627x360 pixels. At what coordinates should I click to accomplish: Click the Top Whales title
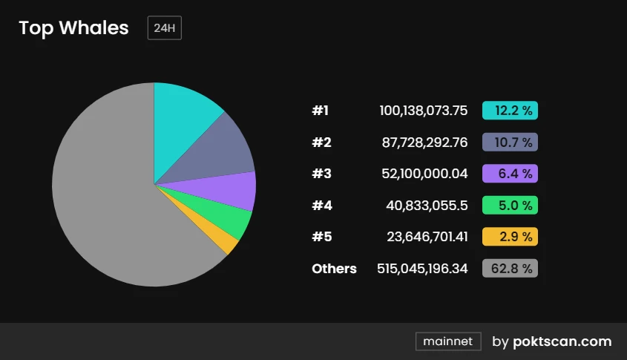click(x=73, y=28)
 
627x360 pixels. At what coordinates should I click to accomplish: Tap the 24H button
click(x=164, y=28)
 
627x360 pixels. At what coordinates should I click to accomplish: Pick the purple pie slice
click(x=234, y=190)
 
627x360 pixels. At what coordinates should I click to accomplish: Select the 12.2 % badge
click(x=510, y=111)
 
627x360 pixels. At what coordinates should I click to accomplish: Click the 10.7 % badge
click(x=510, y=142)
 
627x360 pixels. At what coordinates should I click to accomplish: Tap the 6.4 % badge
click(x=510, y=174)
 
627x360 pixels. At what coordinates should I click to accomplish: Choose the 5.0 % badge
click(x=510, y=205)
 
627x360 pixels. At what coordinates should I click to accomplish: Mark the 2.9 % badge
click(x=510, y=237)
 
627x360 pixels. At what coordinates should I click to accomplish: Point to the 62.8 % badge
click(x=510, y=268)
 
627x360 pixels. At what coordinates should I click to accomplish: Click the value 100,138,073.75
click(x=424, y=111)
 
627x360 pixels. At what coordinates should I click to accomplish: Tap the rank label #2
click(x=321, y=142)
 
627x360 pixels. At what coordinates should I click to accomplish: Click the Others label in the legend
click(x=334, y=268)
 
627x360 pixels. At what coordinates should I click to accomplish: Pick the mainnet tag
click(x=448, y=341)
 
